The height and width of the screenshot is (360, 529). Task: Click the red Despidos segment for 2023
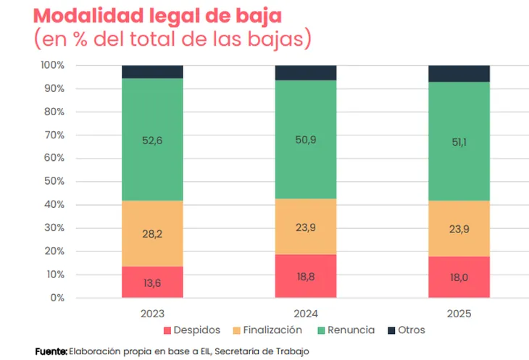pyautogui.click(x=152, y=282)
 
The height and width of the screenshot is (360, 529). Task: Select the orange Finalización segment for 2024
pyautogui.click(x=305, y=227)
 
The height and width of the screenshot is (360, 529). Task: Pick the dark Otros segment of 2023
pyautogui.click(x=152, y=72)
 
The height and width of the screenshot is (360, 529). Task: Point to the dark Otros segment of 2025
pyautogui.click(x=459, y=73)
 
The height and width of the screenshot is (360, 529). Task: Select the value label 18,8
pyautogui.click(x=305, y=276)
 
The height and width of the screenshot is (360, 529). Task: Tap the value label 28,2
pyautogui.click(x=152, y=233)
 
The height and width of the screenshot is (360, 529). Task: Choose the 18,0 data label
pyautogui.click(x=459, y=277)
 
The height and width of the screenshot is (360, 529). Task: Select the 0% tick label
pyautogui.click(x=59, y=298)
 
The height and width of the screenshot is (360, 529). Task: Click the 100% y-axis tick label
pyautogui.click(x=53, y=66)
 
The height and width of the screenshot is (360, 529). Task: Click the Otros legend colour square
pyautogui.click(x=392, y=330)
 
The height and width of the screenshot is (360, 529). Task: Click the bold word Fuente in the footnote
pyautogui.click(x=51, y=351)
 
